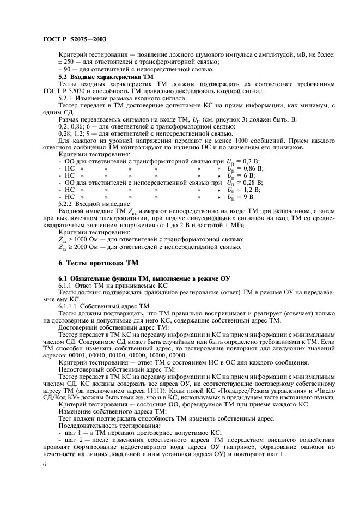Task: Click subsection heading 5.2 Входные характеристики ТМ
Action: coord(100,78)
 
